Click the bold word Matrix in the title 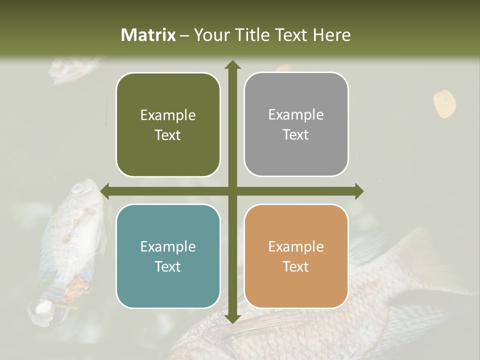148,35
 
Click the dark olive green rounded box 168,125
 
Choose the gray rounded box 296,124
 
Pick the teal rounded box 168,256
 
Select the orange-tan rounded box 296,256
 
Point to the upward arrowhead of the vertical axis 232,65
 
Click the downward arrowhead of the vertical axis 232,318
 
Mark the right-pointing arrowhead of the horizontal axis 359,191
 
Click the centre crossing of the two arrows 232,191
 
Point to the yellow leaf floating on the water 444,103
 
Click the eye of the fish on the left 78,189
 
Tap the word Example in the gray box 296,115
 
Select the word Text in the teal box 168,266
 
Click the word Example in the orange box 296,246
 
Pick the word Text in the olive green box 168,135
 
